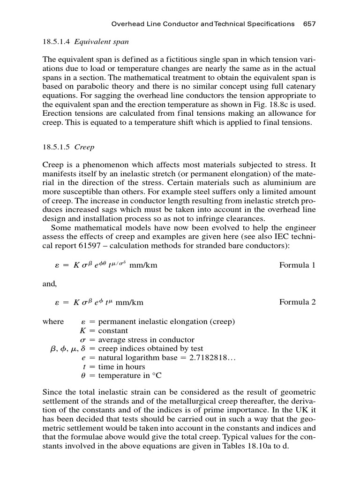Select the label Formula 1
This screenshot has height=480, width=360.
tap(297, 265)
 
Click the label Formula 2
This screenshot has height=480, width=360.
tap(297, 302)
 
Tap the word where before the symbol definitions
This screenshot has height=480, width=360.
tap(53, 322)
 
